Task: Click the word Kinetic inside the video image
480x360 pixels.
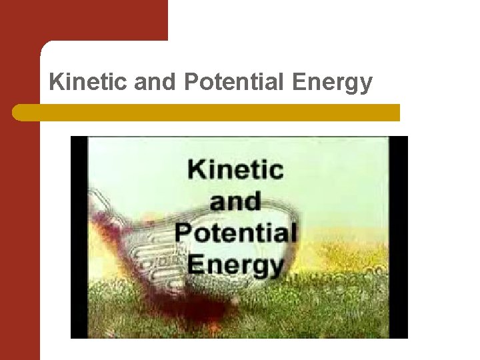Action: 235,169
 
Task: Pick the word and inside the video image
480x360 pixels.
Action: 235,201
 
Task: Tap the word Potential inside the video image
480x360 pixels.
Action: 235,233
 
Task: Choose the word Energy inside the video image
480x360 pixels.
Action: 235,265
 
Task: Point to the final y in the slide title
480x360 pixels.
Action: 366,85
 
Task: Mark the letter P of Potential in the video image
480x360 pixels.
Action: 184,233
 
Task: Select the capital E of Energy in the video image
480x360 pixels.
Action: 197,264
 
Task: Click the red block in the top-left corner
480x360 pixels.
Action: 83,20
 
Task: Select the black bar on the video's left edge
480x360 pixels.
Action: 79,237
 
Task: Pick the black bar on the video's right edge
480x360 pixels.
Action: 398,237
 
